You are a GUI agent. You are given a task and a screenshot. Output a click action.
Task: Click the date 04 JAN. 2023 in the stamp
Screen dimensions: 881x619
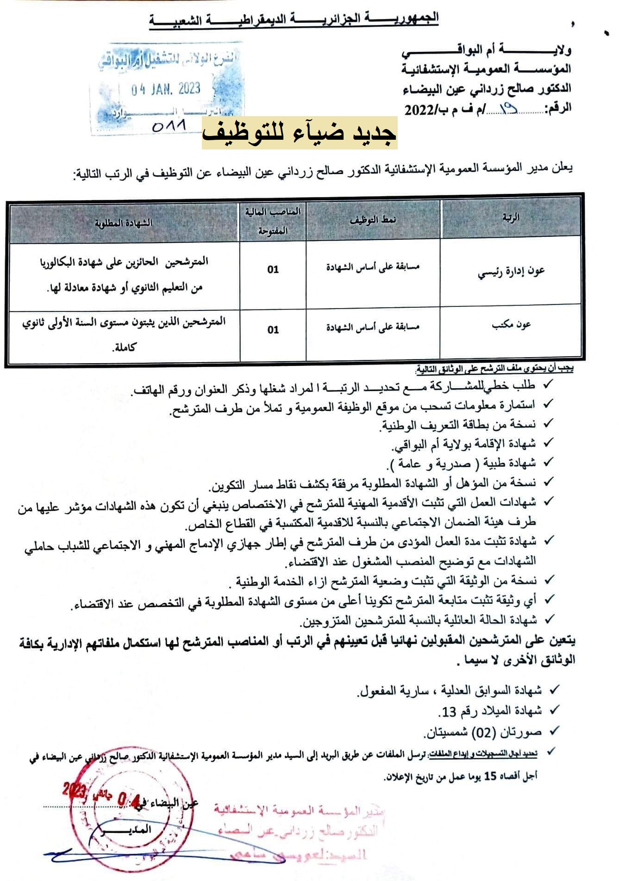coord(165,88)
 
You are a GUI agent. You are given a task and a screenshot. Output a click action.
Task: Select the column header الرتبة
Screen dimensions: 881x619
coord(511,218)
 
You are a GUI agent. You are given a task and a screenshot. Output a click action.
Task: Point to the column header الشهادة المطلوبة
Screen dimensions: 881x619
coord(124,223)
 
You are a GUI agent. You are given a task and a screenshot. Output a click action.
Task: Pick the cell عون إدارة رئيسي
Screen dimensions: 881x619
coord(511,272)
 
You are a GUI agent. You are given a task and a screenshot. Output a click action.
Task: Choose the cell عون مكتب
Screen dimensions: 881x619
coord(511,325)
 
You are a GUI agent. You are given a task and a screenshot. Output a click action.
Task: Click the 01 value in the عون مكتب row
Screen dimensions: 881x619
coord(273,330)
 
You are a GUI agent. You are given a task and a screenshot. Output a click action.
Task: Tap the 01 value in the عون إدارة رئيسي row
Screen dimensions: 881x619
coord(273,269)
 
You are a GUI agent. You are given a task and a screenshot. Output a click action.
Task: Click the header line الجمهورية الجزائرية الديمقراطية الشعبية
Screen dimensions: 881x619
coord(294,19)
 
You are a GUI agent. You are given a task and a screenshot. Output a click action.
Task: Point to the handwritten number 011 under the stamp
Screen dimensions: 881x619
coord(169,125)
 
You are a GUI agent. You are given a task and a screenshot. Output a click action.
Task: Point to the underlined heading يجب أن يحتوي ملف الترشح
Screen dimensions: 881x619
coord(495,369)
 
